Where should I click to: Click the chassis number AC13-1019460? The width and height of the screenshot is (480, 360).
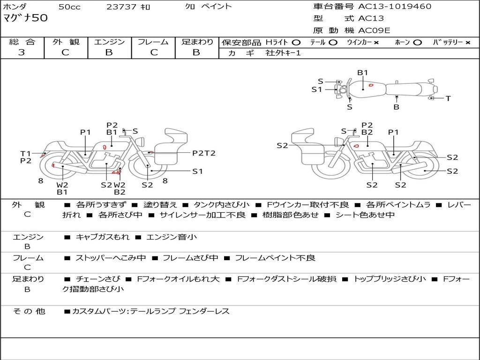(x=395, y=7)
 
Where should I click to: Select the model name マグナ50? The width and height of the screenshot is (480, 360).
(x=25, y=18)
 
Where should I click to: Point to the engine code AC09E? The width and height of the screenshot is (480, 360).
(x=374, y=30)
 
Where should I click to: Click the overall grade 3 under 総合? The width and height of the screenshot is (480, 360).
(x=22, y=52)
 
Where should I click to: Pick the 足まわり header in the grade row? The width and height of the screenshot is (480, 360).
(x=197, y=42)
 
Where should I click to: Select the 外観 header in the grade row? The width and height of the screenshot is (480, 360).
(x=66, y=42)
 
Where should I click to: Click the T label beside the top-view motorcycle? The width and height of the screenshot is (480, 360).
(x=448, y=98)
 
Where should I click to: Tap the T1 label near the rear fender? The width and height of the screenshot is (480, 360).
(x=25, y=154)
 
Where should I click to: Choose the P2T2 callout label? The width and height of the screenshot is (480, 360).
(x=204, y=153)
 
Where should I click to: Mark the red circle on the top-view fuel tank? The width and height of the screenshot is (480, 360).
(x=371, y=85)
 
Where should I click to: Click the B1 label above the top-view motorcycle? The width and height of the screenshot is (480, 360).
(x=363, y=73)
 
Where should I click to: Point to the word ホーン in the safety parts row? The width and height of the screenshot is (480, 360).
(x=402, y=42)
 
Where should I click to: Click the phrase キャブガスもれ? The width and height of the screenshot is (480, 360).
(x=103, y=237)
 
